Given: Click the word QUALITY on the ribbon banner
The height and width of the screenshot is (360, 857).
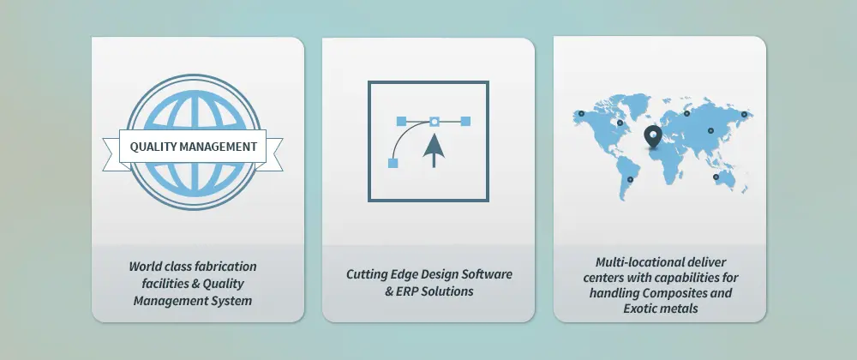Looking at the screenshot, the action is click(153, 147).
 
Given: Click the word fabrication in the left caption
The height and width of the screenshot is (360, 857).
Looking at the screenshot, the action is click(225, 267).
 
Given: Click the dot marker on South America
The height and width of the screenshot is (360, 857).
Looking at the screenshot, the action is click(630, 179).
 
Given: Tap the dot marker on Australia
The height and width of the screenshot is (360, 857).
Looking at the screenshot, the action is click(716, 177).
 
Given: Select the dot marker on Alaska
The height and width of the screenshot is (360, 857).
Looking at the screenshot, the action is click(582, 114).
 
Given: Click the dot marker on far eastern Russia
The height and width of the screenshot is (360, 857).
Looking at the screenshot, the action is click(744, 114).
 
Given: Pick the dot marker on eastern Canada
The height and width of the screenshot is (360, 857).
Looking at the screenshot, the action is click(620, 123).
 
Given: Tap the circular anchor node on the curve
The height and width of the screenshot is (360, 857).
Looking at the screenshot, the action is click(434, 121).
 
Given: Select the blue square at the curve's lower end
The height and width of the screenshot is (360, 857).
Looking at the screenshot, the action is click(393, 163).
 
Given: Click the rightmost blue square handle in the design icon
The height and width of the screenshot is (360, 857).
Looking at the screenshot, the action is click(465, 121).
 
